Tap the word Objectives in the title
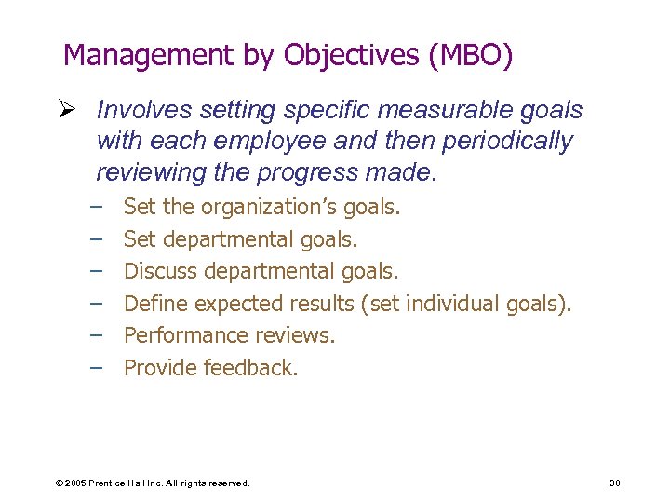click(x=351, y=56)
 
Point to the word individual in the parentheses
click(x=453, y=303)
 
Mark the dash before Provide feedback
click(x=96, y=367)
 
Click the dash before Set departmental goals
click(x=96, y=238)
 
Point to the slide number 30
click(x=614, y=483)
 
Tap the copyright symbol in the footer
click(x=59, y=483)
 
